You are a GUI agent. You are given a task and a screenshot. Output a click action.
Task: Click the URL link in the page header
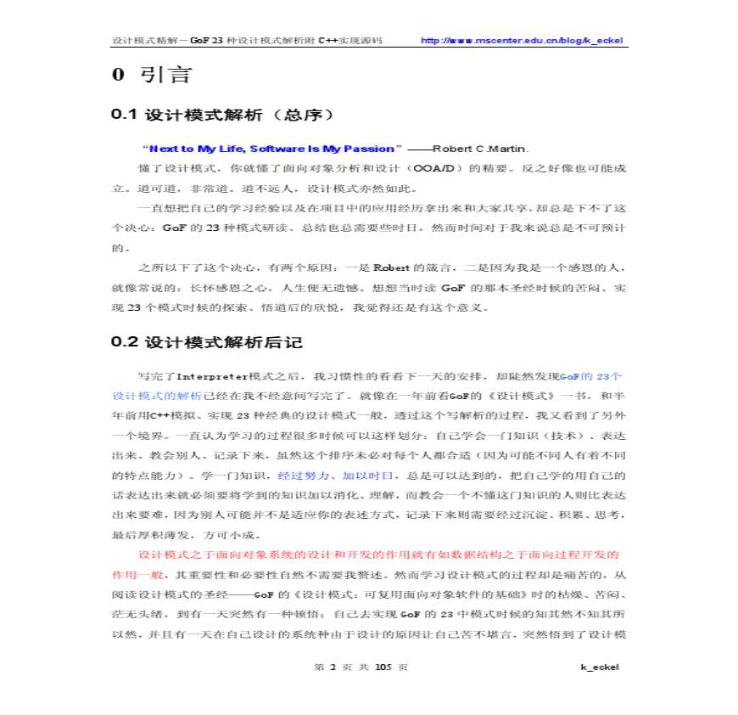pyautogui.click(x=523, y=40)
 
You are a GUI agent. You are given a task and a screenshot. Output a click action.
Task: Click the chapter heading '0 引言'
pyautogui.click(x=152, y=75)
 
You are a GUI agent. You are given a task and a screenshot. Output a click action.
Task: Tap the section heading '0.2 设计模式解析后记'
pyautogui.click(x=207, y=343)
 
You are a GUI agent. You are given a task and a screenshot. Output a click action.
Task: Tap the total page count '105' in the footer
pyautogui.click(x=383, y=667)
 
